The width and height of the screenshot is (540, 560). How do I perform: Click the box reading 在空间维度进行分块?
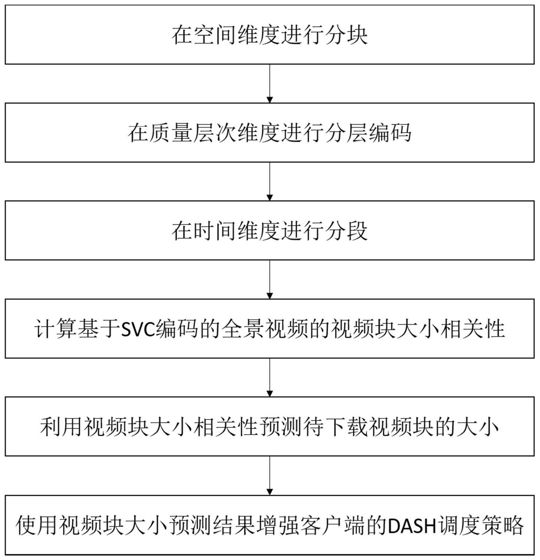[x=270, y=35]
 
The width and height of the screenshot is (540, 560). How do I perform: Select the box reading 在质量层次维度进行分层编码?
[x=270, y=133]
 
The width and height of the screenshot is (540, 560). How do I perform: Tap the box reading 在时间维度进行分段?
[x=270, y=230]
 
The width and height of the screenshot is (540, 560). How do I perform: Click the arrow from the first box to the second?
[x=270, y=83]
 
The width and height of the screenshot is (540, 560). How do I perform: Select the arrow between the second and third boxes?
[x=270, y=181]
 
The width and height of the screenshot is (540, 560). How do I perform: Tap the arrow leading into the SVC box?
[x=270, y=279]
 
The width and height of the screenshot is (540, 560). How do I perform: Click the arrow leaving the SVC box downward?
[x=270, y=377]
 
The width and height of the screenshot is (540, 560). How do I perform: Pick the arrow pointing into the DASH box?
[x=270, y=475]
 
